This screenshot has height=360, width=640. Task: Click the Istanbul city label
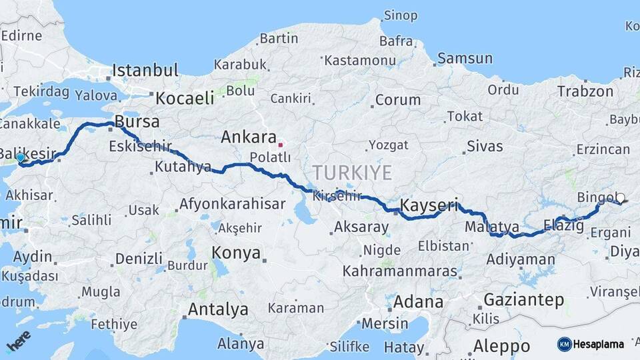click(x=145, y=71)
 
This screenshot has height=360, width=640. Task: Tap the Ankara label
click(x=248, y=138)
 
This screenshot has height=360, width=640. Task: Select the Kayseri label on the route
click(x=429, y=205)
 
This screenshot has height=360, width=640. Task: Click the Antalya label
click(x=218, y=309)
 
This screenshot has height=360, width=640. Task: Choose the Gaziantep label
click(x=523, y=300)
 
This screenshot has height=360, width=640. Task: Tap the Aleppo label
click(x=501, y=347)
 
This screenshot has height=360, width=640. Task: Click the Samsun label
click(x=465, y=59)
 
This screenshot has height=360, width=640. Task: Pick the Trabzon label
click(x=585, y=91)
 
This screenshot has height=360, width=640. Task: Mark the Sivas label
click(x=484, y=146)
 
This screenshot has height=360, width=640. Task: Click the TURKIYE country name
click(x=352, y=173)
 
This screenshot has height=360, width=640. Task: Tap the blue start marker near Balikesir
click(x=21, y=158)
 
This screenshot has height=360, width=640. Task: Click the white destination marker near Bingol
click(x=620, y=198)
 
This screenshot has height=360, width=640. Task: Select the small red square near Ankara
click(x=281, y=143)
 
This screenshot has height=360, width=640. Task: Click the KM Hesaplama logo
click(x=591, y=344)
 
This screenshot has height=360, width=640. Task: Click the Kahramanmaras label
click(x=400, y=272)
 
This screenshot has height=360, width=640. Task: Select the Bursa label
click(x=137, y=122)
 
